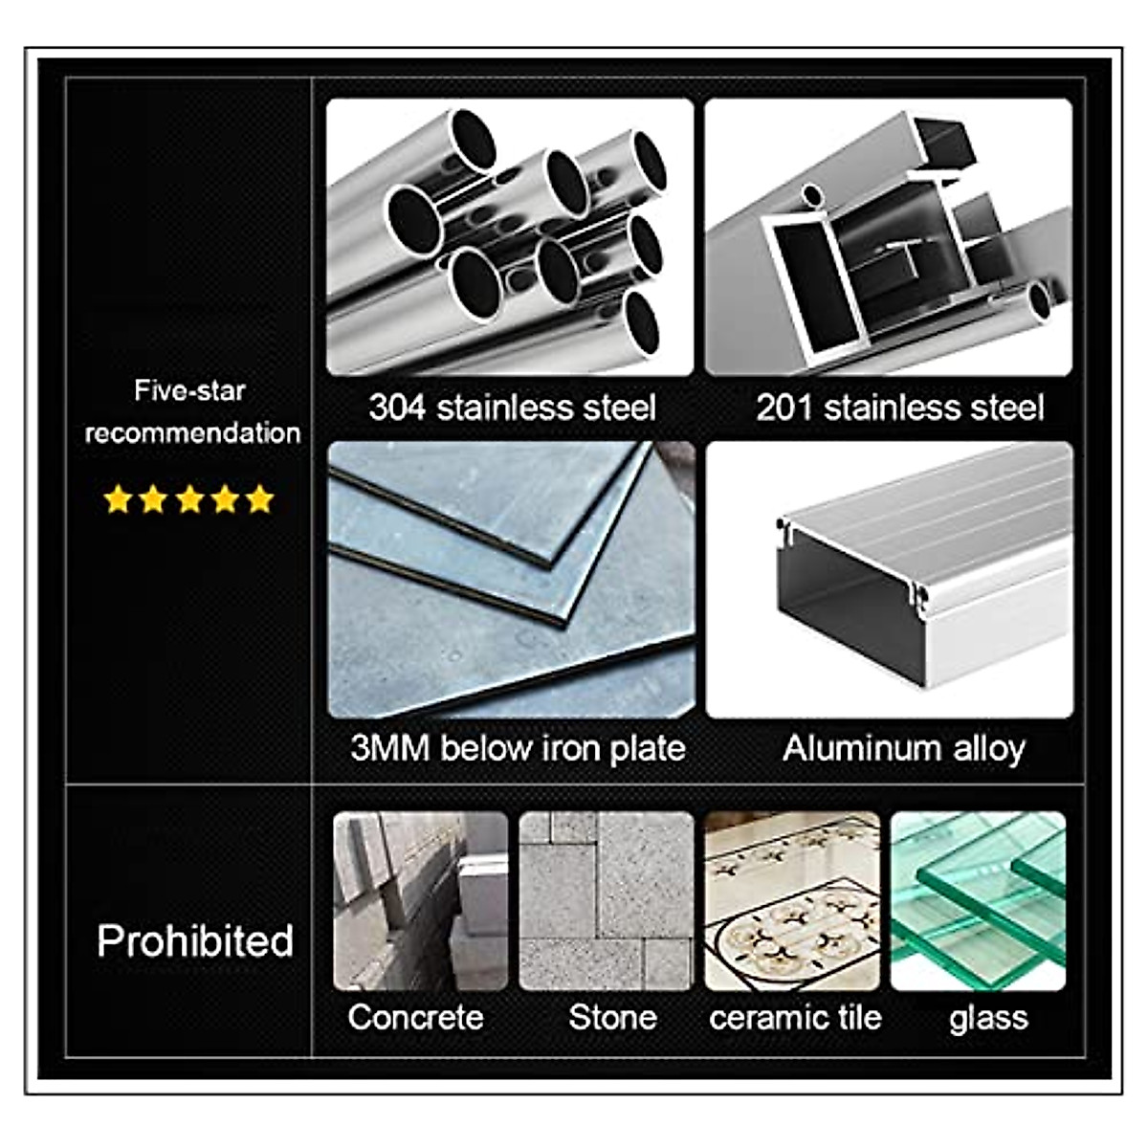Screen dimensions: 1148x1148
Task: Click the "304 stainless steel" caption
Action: click(x=512, y=408)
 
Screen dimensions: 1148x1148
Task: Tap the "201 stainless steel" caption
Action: click(x=899, y=408)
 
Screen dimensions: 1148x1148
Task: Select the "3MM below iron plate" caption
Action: click(x=518, y=748)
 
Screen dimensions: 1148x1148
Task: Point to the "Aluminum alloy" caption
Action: click(x=903, y=748)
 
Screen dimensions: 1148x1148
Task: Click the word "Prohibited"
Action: click(x=195, y=941)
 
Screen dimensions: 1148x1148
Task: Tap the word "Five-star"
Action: click(x=189, y=390)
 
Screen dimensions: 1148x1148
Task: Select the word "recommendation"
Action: click(x=192, y=432)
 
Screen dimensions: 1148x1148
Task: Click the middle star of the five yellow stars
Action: click(x=189, y=499)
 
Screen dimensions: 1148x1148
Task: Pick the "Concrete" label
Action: click(x=415, y=1017)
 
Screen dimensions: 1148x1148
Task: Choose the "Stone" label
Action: click(x=612, y=1017)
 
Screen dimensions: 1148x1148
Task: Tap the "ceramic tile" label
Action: click(x=795, y=1017)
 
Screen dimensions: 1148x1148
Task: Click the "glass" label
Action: click(x=988, y=1018)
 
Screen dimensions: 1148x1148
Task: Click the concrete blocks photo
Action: click(x=420, y=900)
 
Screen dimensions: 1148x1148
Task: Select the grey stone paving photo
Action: click(x=606, y=900)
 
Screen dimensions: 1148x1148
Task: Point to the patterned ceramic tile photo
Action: click(x=792, y=900)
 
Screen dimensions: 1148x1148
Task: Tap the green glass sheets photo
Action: click(x=978, y=900)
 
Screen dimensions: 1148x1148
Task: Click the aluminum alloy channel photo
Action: click(x=890, y=579)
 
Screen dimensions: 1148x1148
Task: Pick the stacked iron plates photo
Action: click(x=511, y=579)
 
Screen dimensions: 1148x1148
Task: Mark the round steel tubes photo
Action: click(x=509, y=236)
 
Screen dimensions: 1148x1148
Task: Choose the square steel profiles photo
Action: click(x=889, y=236)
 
